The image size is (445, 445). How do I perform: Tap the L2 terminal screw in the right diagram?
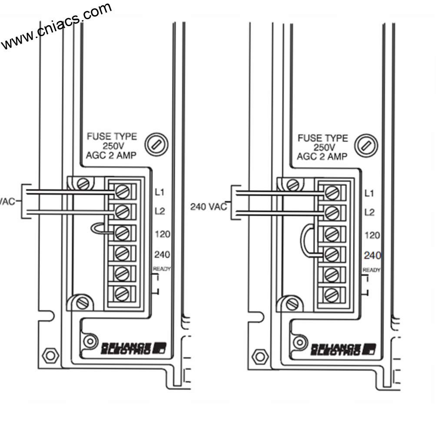tap(332, 213)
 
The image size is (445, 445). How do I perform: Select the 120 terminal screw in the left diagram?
tap(122, 233)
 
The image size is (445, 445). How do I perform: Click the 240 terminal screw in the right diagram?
tap(332, 254)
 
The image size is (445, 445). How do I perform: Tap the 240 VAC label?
tap(209, 206)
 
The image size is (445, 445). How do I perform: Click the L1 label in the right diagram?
tap(369, 193)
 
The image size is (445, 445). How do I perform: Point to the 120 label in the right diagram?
tap(372, 235)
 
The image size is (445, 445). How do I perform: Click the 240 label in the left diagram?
tap(162, 254)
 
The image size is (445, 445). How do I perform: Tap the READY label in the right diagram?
tap(372, 270)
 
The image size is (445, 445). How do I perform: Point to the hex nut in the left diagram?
tap(50, 355)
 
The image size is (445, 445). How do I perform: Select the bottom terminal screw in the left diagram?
tap(122, 295)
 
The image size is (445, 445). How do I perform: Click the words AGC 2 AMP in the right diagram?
tap(322, 156)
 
